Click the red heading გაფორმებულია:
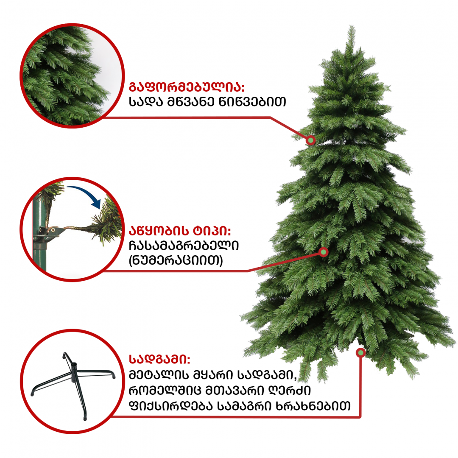pos(187,87)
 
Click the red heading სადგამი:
pos(159,359)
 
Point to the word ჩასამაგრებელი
pos(184,245)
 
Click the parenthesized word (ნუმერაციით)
pos(176,260)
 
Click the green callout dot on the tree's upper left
pos(311,140)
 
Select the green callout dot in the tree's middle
pos(324,252)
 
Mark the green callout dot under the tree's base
pos(361,353)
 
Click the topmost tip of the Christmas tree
pos(352,26)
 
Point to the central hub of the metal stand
pos(74,371)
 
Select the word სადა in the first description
pos(145,102)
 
